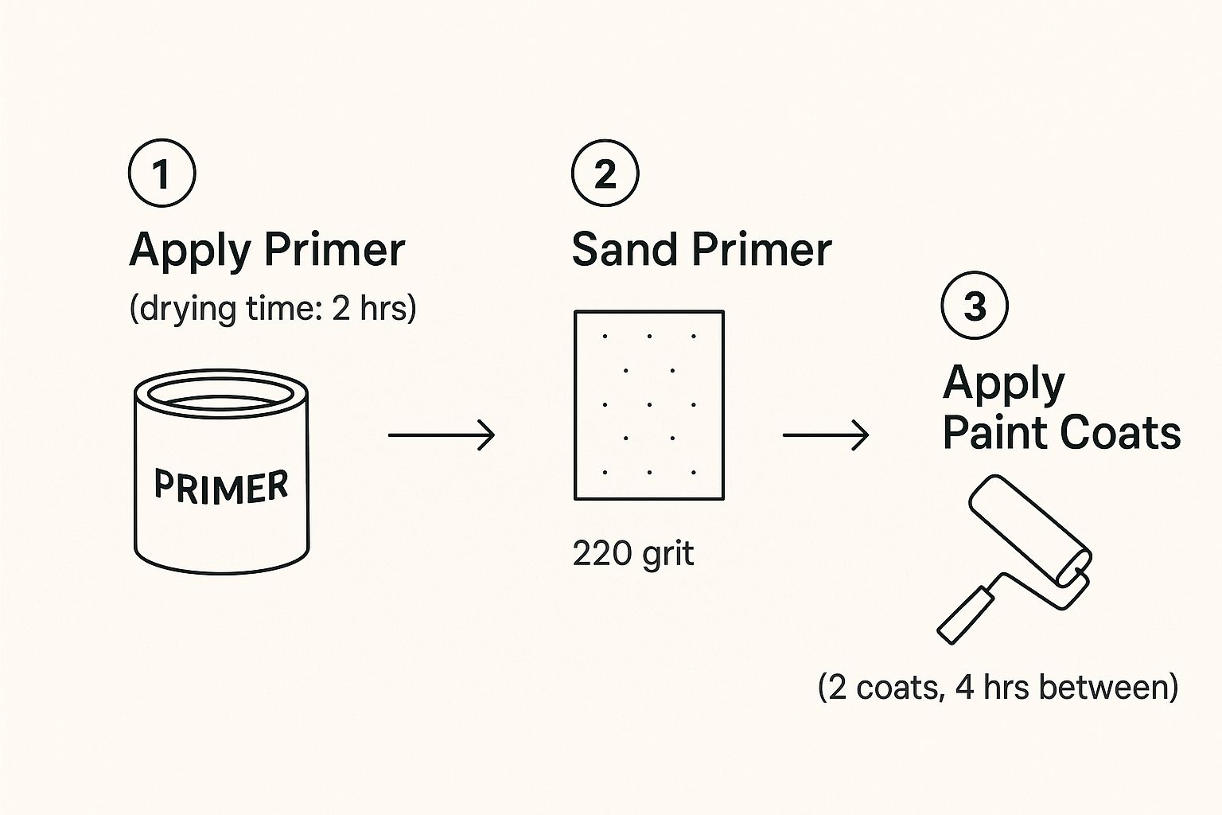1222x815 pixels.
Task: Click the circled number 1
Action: coord(162,173)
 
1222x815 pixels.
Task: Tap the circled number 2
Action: coord(605,173)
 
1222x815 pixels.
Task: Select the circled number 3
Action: coord(975,305)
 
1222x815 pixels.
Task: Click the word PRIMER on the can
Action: coord(221,485)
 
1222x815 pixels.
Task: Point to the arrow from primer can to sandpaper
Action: coord(442,435)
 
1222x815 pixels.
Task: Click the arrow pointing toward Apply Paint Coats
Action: coord(825,435)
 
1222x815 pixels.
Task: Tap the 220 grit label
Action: coord(632,555)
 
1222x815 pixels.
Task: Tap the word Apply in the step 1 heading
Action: coord(190,252)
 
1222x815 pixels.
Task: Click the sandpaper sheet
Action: coord(649,405)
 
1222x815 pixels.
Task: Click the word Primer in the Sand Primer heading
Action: coord(761,249)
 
